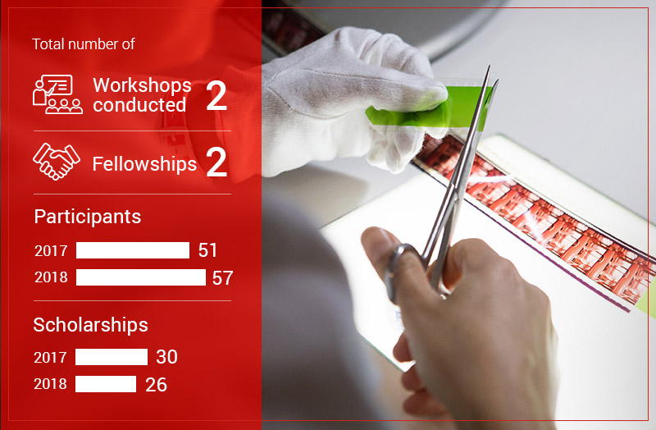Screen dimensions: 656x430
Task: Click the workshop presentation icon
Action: (57, 94)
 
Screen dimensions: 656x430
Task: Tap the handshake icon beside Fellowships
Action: (57, 162)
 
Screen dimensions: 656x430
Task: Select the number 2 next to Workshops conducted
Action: (216, 96)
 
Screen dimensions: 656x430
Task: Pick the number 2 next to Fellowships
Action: (216, 162)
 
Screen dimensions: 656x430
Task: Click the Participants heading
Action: (88, 217)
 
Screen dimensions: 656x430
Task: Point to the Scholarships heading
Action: (90, 325)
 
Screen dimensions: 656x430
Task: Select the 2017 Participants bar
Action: (133, 250)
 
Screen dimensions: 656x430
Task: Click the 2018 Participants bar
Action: (141, 277)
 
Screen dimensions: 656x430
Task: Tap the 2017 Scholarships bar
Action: (112, 357)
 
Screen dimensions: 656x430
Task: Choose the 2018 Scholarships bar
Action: (106, 384)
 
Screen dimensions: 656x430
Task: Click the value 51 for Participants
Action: (207, 250)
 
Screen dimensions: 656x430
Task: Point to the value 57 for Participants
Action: (222, 278)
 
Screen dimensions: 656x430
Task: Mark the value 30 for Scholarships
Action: (167, 357)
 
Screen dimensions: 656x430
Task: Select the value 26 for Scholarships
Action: (156, 385)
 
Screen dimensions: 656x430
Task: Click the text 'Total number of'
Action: (84, 44)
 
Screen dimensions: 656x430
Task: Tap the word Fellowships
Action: (144, 163)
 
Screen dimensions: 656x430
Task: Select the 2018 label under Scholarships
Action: (50, 384)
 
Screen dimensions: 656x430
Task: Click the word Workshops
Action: (142, 85)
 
